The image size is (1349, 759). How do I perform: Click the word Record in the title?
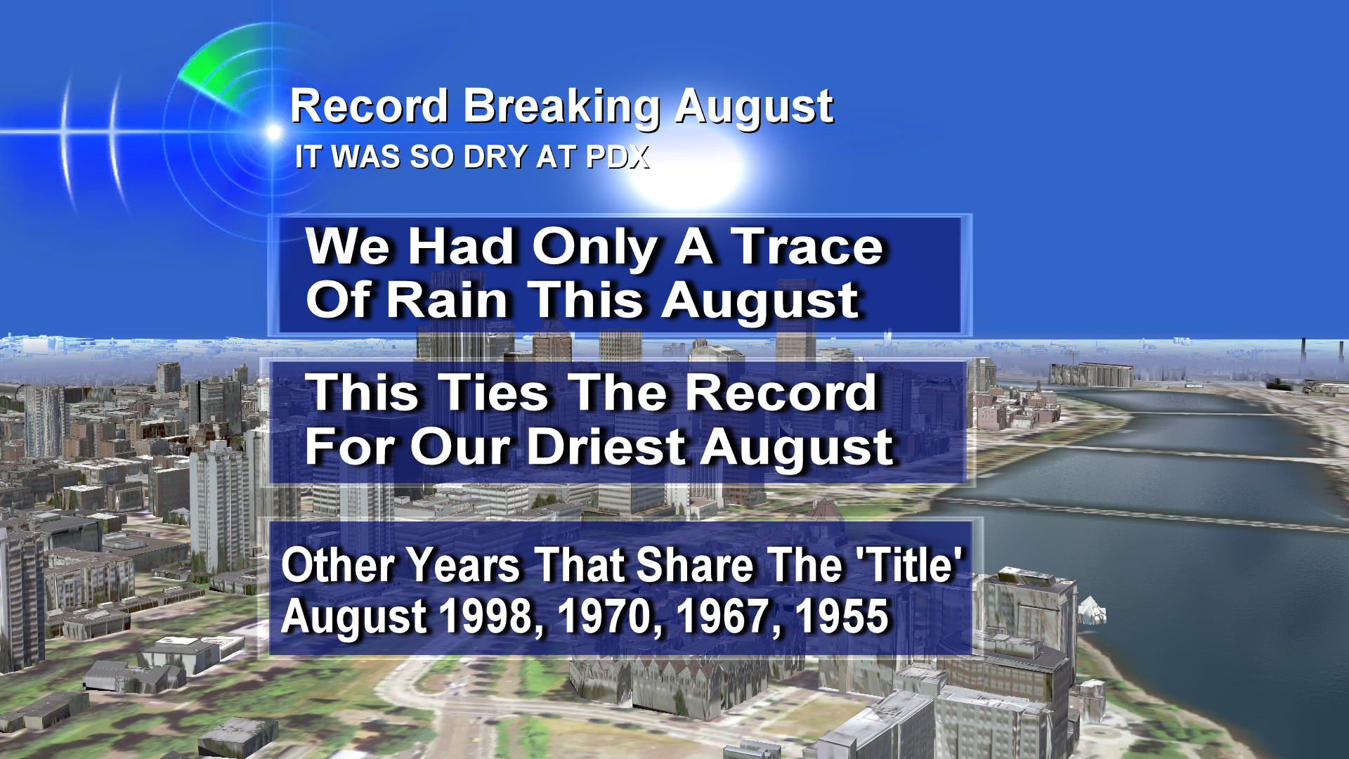pos(370,107)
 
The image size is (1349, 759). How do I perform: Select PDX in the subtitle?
pos(618,157)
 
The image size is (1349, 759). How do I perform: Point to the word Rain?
pos(448,300)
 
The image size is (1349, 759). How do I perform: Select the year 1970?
pos(608,616)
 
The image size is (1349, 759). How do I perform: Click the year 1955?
pos(842,616)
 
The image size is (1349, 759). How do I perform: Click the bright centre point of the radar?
pos(273,131)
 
